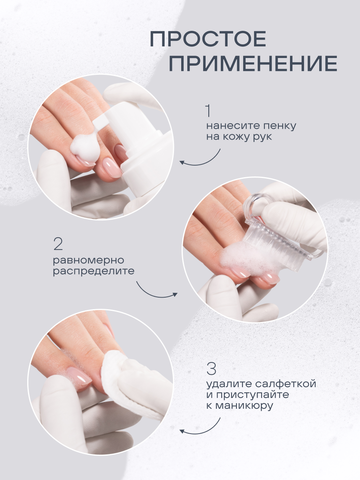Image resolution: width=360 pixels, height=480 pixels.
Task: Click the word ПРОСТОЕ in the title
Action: click(x=208, y=39)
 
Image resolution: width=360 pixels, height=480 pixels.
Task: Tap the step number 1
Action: click(x=208, y=111)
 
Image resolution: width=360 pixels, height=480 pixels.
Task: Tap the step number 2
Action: click(x=58, y=244)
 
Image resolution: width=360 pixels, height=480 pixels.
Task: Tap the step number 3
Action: click(x=211, y=369)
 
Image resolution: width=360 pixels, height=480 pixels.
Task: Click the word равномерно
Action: click(x=88, y=260)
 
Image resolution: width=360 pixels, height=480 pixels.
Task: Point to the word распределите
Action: click(x=94, y=271)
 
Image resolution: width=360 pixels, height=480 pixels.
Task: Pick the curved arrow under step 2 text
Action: click(x=156, y=290)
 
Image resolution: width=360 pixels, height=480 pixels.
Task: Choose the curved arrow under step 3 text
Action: click(x=200, y=428)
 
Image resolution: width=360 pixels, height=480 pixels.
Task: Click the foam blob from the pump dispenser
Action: click(x=85, y=147)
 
